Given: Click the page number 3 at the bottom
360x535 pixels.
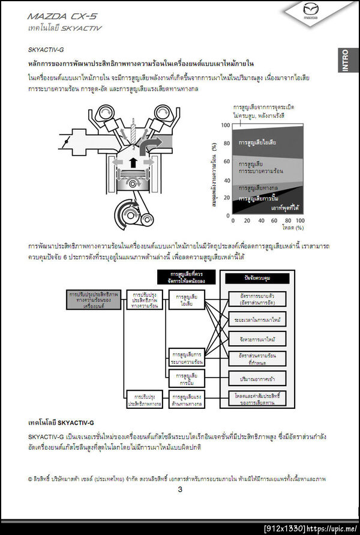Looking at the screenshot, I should pos(180,489).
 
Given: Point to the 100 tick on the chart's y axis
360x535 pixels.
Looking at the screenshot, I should pos(226,125).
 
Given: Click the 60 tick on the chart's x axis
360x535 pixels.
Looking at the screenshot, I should pos(275,220).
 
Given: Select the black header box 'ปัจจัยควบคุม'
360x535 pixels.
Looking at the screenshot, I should pos(258,278).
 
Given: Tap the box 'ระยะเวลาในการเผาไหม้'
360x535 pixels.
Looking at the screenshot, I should pos(257,318).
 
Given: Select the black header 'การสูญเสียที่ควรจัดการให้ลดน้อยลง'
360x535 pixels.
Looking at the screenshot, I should pos(187,277).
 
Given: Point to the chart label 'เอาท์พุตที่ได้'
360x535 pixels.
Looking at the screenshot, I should pos(286,207).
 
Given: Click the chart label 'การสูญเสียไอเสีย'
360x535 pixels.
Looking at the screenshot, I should pos(261,144).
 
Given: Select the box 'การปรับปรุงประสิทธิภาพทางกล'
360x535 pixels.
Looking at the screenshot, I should pos(144,399).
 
